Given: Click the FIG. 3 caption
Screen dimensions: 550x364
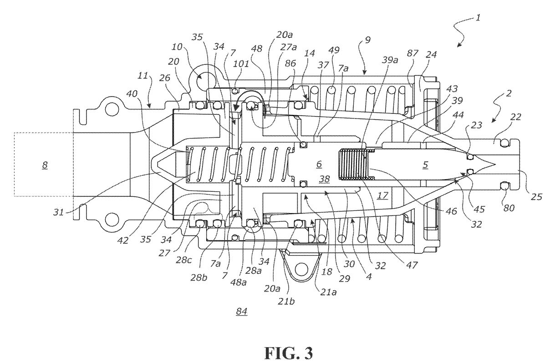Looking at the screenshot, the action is (x=289, y=353).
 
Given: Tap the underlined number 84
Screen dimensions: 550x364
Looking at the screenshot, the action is (x=242, y=312).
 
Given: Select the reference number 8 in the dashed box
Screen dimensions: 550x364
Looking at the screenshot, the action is (x=45, y=165).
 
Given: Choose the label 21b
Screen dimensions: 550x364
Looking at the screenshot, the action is (x=286, y=302).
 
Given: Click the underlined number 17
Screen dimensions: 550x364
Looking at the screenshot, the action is (x=382, y=196).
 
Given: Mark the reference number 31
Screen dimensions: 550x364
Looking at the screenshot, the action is (x=58, y=212).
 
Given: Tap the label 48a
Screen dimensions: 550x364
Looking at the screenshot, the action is (x=238, y=282).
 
